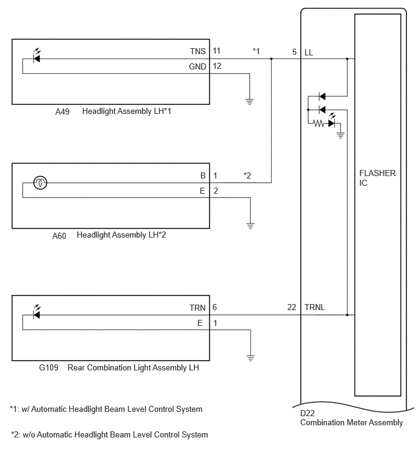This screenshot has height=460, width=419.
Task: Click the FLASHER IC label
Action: pyautogui.click(x=378, y=178)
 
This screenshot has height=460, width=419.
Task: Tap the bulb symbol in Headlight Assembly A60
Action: pyautogui.click(x=40, y=183)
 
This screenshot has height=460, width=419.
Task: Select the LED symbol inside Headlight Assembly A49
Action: pyautogui.click(x=37, y=56)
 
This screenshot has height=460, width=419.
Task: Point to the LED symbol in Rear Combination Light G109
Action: pyautogui.click(x=37, y=313)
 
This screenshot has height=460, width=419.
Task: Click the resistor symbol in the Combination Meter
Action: pyautogui.click(x=319, y=124)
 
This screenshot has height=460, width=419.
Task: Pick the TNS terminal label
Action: pyautogui.click(x=198, y=51)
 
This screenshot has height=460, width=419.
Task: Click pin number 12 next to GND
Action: pyautogui.click(x=217, y=66)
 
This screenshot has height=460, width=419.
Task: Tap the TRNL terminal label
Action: pyautogui.click(x=315, y=307)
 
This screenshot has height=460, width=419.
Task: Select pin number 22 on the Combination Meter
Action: pyautogui.click(x=292, y=307)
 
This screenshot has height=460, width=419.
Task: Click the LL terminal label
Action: pyautogui.click(x=309, y=52)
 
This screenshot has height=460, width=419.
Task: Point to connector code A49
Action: pyautogui.click(x=62, y=111)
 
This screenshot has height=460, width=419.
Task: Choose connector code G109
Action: pyautogui.click(x=49, y=367)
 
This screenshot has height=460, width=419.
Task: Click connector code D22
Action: pyautogui.click(x=308, y=413)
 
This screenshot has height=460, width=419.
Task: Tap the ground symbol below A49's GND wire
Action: pyautogui.click(x=250, y=102)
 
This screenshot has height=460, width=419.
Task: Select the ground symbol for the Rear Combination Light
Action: pyautogui.click(x=250, y=358)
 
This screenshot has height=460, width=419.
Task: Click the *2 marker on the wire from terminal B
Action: pyautogui.click(x=247, y=175)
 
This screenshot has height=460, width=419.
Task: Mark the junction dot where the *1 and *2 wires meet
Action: pyautogui.click(x=271, y=58)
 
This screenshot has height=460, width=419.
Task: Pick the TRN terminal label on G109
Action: pyautogui.click(x=197, y=308)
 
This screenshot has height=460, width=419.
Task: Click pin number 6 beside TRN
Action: pyautogui.click(x=214, y=307)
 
